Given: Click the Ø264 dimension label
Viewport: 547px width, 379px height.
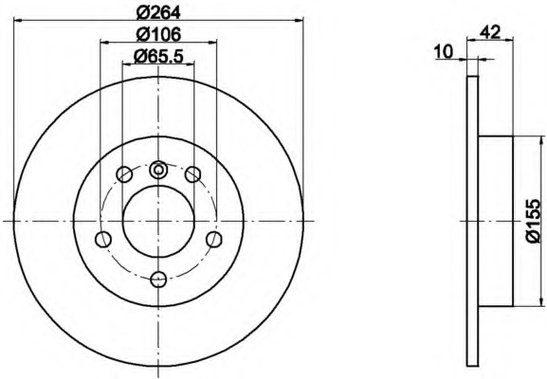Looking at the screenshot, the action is tap(158, 12).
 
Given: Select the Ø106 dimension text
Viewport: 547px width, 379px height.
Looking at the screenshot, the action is tap(158, 34).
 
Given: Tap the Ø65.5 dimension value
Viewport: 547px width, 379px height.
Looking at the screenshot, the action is tap(158, 56).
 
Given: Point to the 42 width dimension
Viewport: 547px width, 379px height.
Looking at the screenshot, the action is tap(490, 32).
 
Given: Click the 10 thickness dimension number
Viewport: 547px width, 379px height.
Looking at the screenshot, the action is tap(444, 51).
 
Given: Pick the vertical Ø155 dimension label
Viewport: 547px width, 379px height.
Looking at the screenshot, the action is tap(533, 221).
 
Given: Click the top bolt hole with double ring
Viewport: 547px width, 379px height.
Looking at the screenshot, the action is tap(158, 170).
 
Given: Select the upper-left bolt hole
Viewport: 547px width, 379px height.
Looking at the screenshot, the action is tap(124, 174).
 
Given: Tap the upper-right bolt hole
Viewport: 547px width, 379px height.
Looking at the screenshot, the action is tap(192, 174).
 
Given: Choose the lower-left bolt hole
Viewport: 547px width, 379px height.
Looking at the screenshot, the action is tap(103, 239).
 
